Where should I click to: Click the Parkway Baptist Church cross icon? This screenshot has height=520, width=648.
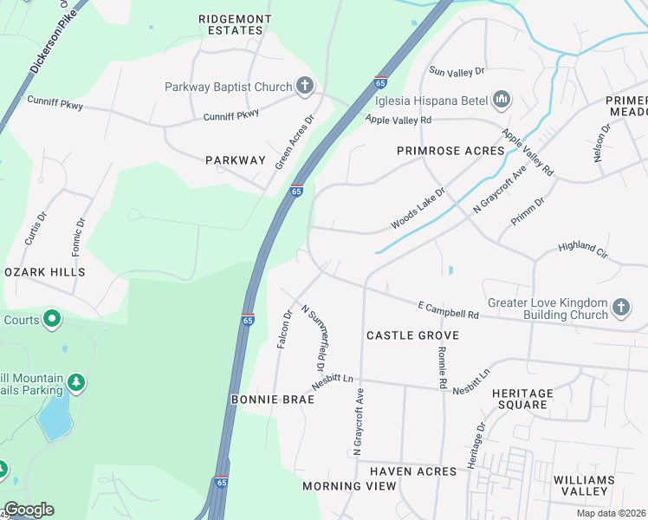pyautogui.click(x=304, y=86)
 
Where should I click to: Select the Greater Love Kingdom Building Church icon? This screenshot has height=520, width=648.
pyautogui.click(x=620, y=308)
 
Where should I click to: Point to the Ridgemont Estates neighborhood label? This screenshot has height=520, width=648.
pyautogui.click(x=235, y=24)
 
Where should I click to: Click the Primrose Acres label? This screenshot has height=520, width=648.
pyautogui.click(x=450, y=151)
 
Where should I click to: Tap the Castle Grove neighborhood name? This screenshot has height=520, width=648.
pyautogui.click(x=411, y=335)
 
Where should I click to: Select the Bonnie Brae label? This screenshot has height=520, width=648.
pyautogui.click(x=264, y=400)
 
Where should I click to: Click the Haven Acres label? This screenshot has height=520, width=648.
pyautogui.click(x=412, y=471)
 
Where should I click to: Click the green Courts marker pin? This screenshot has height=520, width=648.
pyautogui.click(x=52, y=320)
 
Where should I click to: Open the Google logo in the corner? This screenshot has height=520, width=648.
pyautogui.click(x=29, y=510)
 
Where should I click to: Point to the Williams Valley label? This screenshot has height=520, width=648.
pyautogui.click(x=585, y=485)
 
